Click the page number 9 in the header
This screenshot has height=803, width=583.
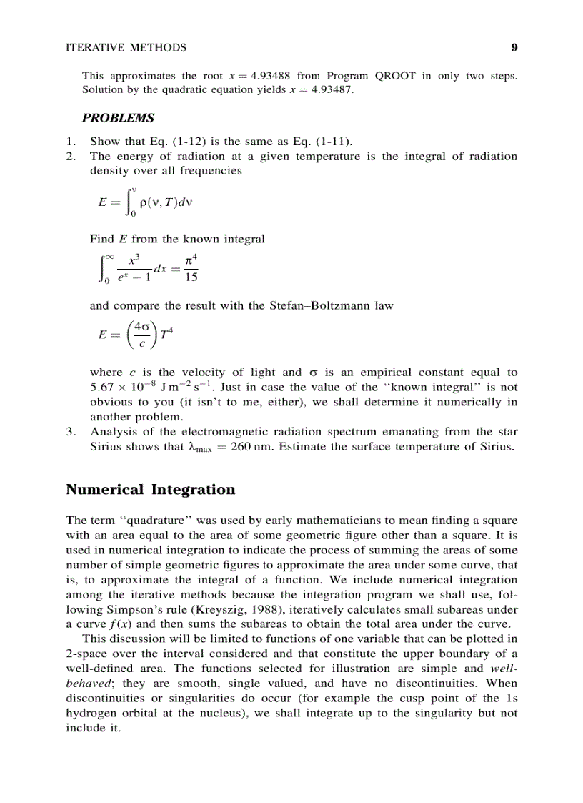(514, 48)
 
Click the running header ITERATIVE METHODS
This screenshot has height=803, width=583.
(126, 48)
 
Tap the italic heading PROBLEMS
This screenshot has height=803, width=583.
(118, 117)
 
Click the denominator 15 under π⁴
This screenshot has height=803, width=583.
(191, 278)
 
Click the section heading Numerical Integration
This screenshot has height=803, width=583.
(150, 490)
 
